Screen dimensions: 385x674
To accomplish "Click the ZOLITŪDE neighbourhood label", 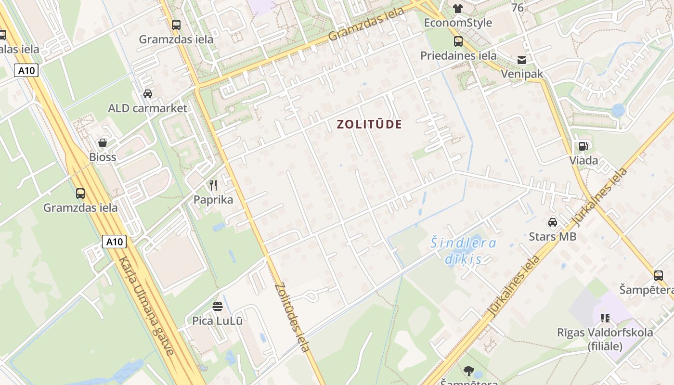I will (369, 124).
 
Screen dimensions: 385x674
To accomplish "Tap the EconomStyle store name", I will (457, 23).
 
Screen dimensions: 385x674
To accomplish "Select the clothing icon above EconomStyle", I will (457, 8).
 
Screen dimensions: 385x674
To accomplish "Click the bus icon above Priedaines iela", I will (458, 41).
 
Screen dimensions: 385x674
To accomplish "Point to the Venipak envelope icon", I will (522, 60).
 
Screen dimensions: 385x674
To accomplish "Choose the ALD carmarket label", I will (147, 108).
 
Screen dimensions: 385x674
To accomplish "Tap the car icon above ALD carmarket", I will (148, 93).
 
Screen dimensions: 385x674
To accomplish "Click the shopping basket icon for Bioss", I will (102, 143).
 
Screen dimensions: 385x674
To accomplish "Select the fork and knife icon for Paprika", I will (213, 185).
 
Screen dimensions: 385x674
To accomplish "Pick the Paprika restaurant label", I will (213, 199).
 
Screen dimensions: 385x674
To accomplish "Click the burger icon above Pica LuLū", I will (218, 307).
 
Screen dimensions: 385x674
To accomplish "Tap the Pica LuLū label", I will (218, 321).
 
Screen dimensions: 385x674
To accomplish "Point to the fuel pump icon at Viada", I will (583, 146).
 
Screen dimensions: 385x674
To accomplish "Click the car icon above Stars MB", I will (553, 222).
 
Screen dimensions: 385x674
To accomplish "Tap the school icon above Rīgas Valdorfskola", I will (605, 318).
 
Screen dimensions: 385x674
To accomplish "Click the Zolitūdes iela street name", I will (292, 318).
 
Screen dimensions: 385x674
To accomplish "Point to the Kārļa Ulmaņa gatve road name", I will (146, 306).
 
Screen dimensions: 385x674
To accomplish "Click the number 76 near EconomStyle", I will (518, 8).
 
